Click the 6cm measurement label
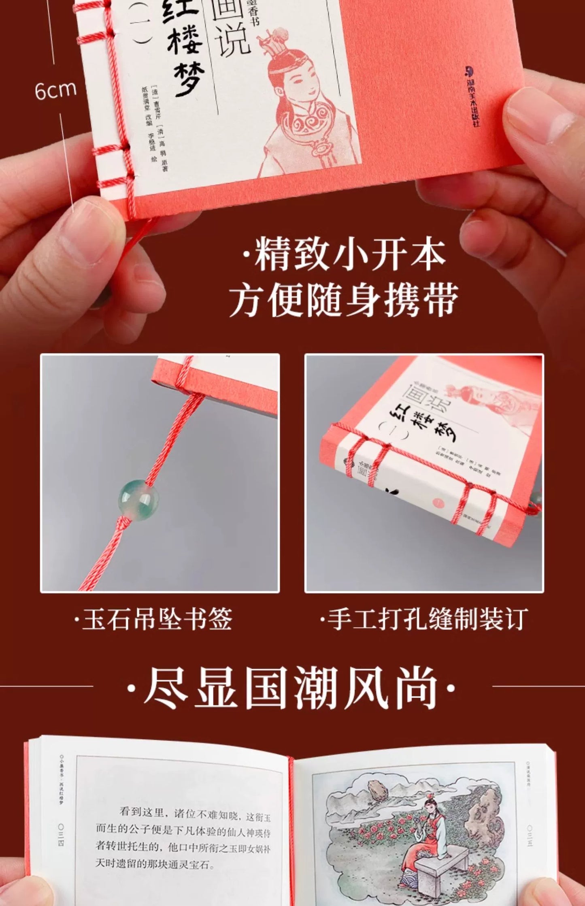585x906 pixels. [55, 90]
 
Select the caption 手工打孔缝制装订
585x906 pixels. [424, 618]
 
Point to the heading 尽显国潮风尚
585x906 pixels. [291, 687]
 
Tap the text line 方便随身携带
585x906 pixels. [344, 300]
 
